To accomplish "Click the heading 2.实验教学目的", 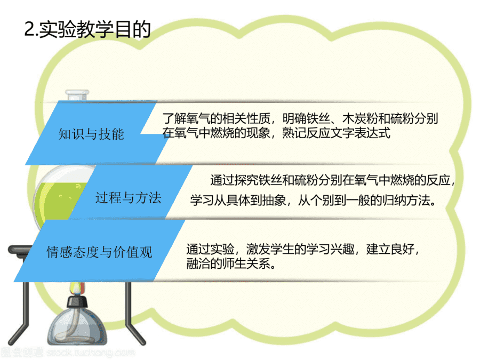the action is point(87,29).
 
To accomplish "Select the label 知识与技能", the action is point(91,134).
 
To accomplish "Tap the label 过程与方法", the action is point(128,197).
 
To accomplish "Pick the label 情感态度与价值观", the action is point(99,252).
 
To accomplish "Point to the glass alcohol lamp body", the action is point(77,326).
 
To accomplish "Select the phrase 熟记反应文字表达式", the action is point(336,133).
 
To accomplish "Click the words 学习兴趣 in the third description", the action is point(331,249).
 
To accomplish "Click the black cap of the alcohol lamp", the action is point(77,301).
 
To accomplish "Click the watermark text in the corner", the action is point(68,353).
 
